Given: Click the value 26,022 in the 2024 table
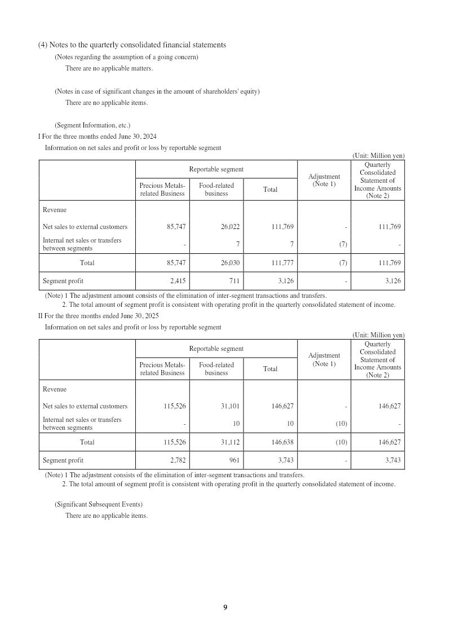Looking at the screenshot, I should click(x=230, y=227).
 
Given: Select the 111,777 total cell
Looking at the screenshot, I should click(x=282, y=263).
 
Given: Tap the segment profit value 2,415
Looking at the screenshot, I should click(x=178, y=281).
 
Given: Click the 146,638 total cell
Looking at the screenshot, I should click(x=282, y=442).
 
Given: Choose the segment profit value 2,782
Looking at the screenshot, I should click(x=178, y=460).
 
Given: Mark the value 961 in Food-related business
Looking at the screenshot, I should click(x=235, y=460).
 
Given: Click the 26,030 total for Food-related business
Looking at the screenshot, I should click(x=230, y=263).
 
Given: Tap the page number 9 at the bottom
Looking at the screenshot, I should click(x=225, y=607).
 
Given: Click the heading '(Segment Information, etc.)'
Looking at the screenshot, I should click(x=92, y=125).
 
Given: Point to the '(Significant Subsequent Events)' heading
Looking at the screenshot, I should click(x=99, y=504).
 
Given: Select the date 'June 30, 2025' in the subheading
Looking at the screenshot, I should click(x=138, y=316).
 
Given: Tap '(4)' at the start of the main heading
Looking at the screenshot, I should click(x=43, y=45).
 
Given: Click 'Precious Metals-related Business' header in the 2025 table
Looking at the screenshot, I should click(x=162, y=369).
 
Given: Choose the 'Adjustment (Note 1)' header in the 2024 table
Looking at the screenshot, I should click(x=324, y=180).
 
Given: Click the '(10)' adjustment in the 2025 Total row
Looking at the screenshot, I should click(x=341, y=442).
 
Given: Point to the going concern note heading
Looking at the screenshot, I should click(x=126, y=57).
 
